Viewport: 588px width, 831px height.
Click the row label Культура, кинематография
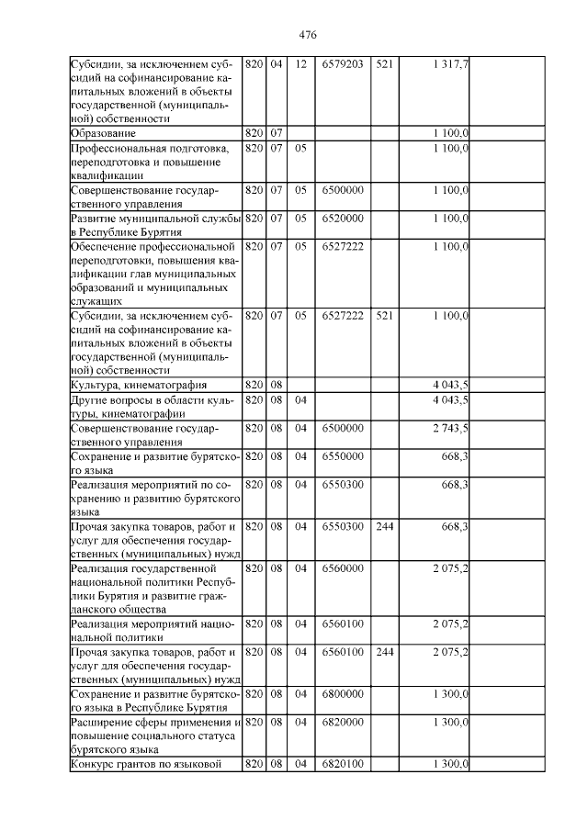pyautogui.click(x=139, y=385)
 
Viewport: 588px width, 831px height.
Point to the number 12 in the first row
pyautogui.click(x=300, y=64)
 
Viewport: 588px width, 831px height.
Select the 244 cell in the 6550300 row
pyautogui.click(x=385, y=526)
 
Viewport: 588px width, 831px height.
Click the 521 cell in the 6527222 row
pyautogui.click(x=385, y=315)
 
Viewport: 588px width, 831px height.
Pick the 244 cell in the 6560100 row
pyautogui.click(x=385, y=652)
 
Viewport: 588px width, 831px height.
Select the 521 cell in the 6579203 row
pyautogui.click(x=385, y=64)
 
